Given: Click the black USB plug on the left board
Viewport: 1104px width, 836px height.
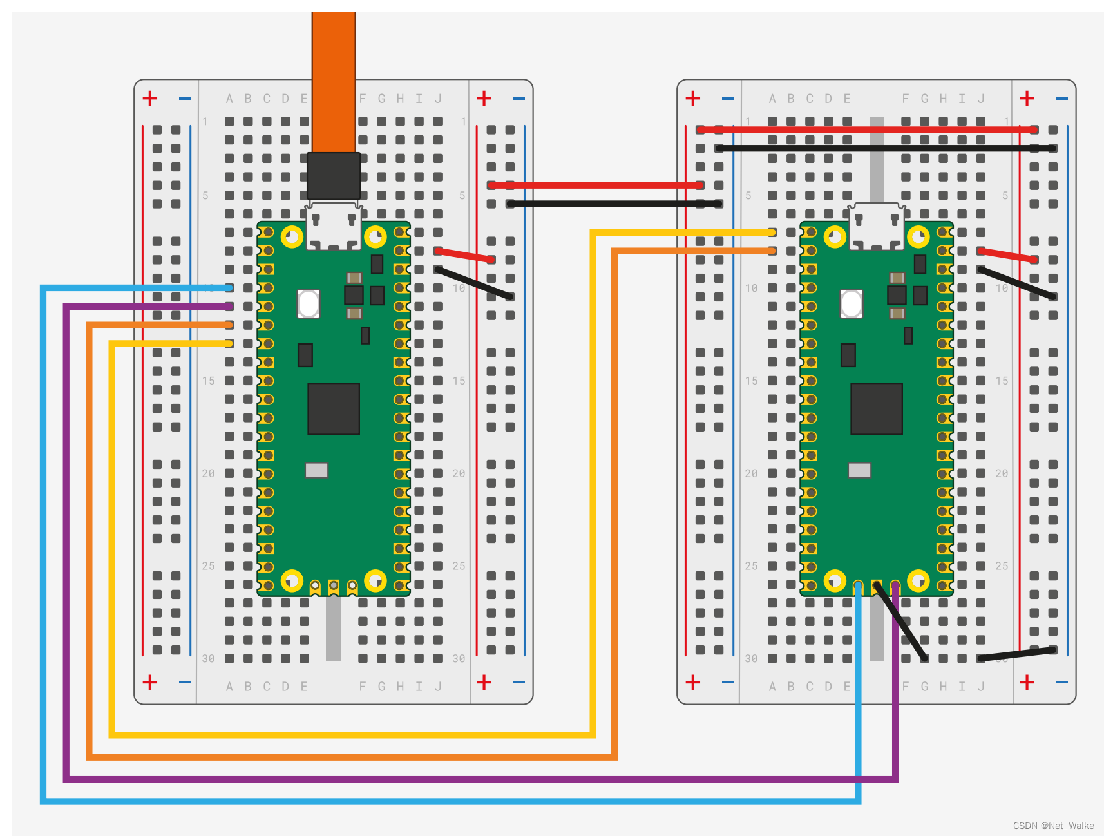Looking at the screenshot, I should tap(333, 176).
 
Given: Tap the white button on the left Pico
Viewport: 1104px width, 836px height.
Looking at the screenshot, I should tap(309, 303).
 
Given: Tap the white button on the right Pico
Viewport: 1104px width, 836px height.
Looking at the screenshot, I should tap(852, 303).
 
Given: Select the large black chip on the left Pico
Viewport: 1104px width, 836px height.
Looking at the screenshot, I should tap(333, 408).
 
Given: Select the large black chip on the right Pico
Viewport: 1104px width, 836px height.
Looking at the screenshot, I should tap(876, 408).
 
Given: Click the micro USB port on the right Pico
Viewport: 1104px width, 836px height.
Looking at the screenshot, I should tap(876, 225).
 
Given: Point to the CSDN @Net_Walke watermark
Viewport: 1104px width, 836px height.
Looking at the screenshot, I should tap(1053, 826).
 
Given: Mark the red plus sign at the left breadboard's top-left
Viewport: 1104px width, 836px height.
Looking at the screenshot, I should tap(150, 98).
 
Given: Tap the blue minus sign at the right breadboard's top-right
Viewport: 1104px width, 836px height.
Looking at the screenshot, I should tap(1062, 99).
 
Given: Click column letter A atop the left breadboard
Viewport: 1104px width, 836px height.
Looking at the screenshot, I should tap(229, 99).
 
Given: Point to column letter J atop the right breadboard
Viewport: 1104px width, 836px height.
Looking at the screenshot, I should tap(981, 99).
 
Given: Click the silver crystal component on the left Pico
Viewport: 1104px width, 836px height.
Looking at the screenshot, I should tap(316, 470).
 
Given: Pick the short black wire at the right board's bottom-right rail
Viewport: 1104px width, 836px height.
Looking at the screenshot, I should tap(1016, 654).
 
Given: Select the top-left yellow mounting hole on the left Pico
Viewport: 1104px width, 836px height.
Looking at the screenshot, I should tap(292, 236).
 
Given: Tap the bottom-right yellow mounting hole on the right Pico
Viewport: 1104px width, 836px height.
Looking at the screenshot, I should tap(918, 581).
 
